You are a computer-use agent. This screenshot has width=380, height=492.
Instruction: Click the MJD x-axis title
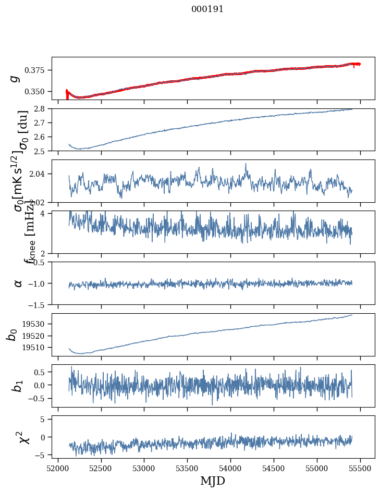pyautogui.click(x=213, y=481)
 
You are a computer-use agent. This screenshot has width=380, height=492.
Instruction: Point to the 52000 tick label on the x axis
pyautogui.click(x=58, y=467)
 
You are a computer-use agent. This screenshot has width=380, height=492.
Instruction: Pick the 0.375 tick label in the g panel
pyautogui.click(x=39, y=70)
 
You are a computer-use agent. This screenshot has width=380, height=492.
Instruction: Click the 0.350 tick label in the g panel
pyautogui.click(x=39, y=92)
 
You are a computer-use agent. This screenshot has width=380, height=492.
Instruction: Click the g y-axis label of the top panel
pyautogui.click(x=15, y=78)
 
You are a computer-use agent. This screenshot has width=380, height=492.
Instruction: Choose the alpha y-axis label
pyautogui.click(x=18, y=283)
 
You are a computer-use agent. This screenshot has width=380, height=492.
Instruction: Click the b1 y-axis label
pyautogui.click(x=18, y=386)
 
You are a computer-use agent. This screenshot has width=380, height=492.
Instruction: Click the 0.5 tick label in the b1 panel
pyautogui.click(x=42, y=372)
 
